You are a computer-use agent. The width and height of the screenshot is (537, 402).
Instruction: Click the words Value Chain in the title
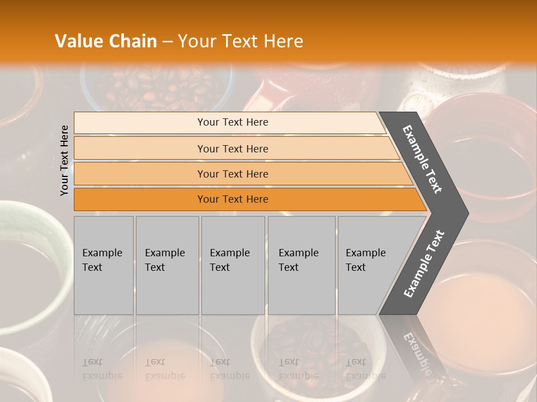point(106,41)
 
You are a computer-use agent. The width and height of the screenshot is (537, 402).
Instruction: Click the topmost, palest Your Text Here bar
point(233,122)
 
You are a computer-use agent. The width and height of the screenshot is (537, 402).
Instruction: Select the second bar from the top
point(233,149)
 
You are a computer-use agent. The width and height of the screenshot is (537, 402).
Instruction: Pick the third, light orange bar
point(233,174)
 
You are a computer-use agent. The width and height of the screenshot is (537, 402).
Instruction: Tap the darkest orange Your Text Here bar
point(233,199)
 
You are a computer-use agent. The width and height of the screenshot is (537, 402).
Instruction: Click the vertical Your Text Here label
point(64,160)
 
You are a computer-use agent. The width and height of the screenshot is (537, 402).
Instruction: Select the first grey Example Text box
point(103,265)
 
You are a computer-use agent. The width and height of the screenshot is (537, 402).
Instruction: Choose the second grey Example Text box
point(167,265)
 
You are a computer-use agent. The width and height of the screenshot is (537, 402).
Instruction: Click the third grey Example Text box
point(233,265)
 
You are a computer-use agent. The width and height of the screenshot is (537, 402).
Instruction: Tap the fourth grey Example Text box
point(302,265)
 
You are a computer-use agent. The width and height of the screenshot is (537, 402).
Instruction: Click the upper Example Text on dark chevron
point(423,159)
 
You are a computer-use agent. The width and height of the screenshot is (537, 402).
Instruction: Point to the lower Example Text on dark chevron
point(424,264)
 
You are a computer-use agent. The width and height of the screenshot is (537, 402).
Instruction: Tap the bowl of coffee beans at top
point(157,89)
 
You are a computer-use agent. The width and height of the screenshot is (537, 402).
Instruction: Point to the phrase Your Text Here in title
point(241,41)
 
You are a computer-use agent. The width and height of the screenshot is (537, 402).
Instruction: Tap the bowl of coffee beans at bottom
point(313,346)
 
